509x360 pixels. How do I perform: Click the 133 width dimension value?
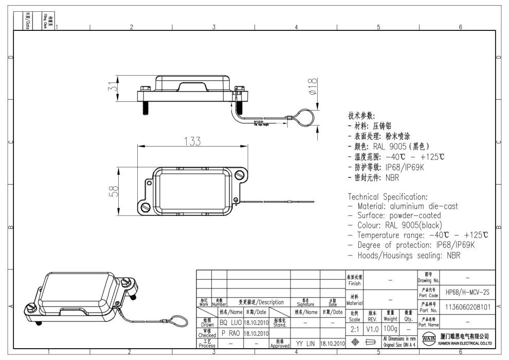pyautogui.click(x=191, y=141)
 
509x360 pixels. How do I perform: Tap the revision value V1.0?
pyautogui.click(x=373, y=328)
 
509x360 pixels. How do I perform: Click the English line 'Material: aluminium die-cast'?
pyautogui.click(x=404, y=206)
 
